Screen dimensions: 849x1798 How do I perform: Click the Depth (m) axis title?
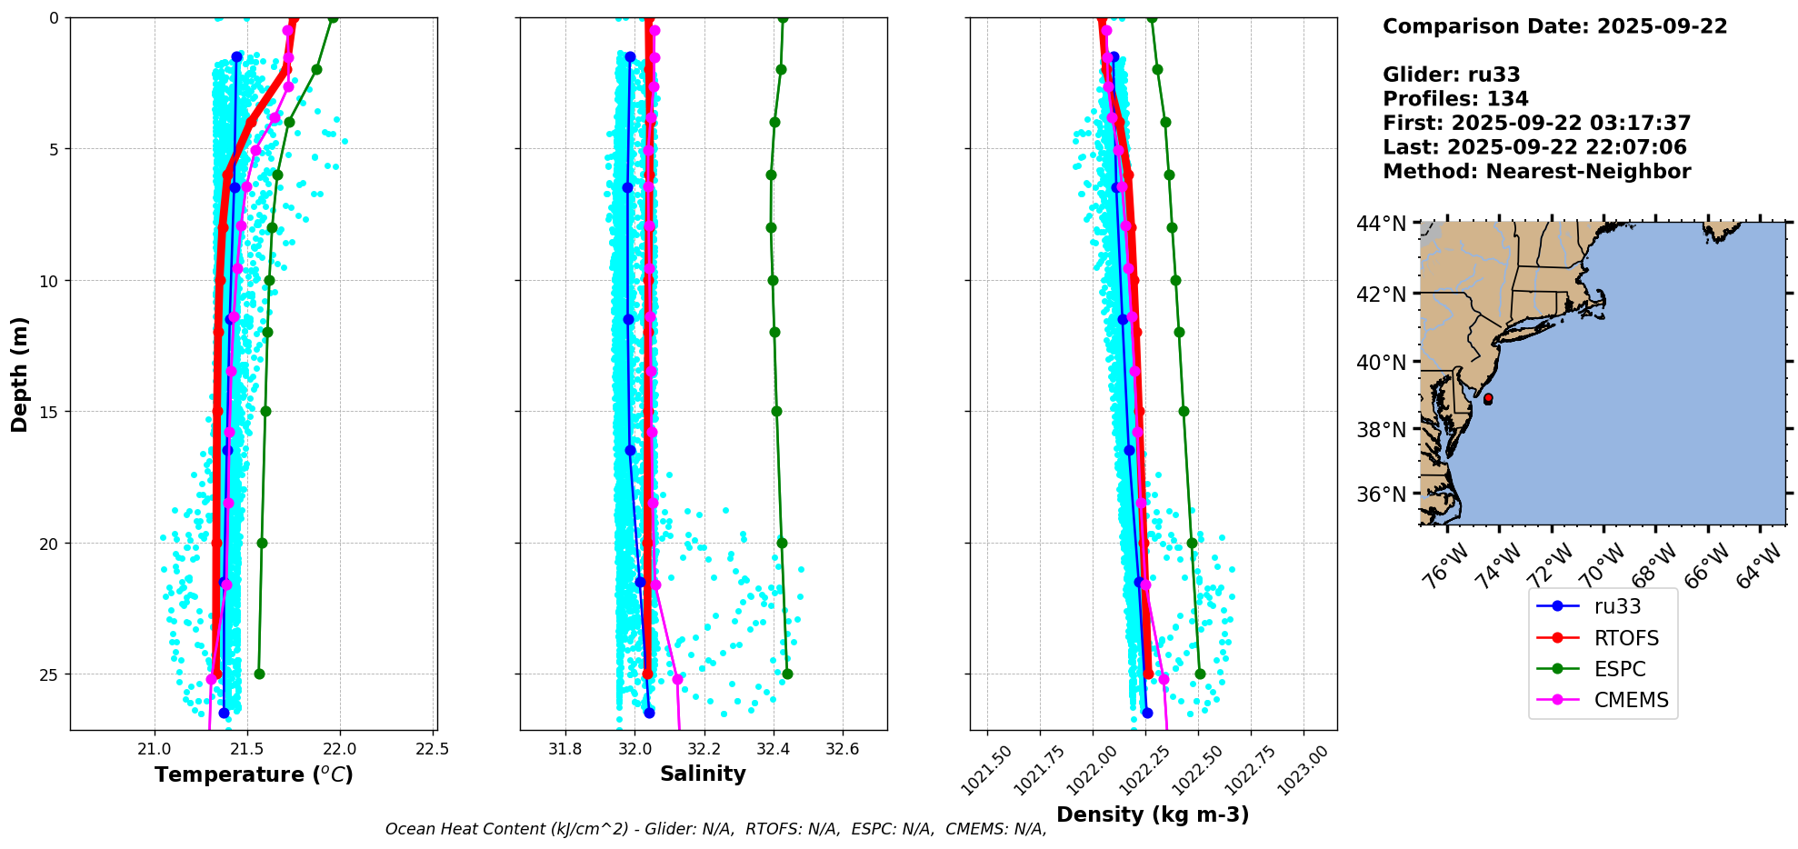coord(20,374)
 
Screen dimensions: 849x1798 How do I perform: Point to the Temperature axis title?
coord(254,774)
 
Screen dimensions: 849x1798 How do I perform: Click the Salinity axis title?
coord(703,774)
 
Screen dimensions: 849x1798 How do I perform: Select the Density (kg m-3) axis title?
coord(1153,814)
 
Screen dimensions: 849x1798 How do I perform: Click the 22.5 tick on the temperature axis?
coord(432,750)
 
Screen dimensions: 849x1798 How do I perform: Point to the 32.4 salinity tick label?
coord(774,750)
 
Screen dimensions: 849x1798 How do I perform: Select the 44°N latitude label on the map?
coord(1381,224)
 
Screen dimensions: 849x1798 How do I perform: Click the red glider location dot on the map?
coord(1487,398)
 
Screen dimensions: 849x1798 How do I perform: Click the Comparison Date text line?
coord(1554,26)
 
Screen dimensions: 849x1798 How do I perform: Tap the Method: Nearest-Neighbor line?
coord(1536,172)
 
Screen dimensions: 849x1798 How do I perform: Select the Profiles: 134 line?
coord(1455,99)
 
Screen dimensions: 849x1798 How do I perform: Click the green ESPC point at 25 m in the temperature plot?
coord(259,674)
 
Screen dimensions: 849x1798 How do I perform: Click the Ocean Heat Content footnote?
coord(715,829)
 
